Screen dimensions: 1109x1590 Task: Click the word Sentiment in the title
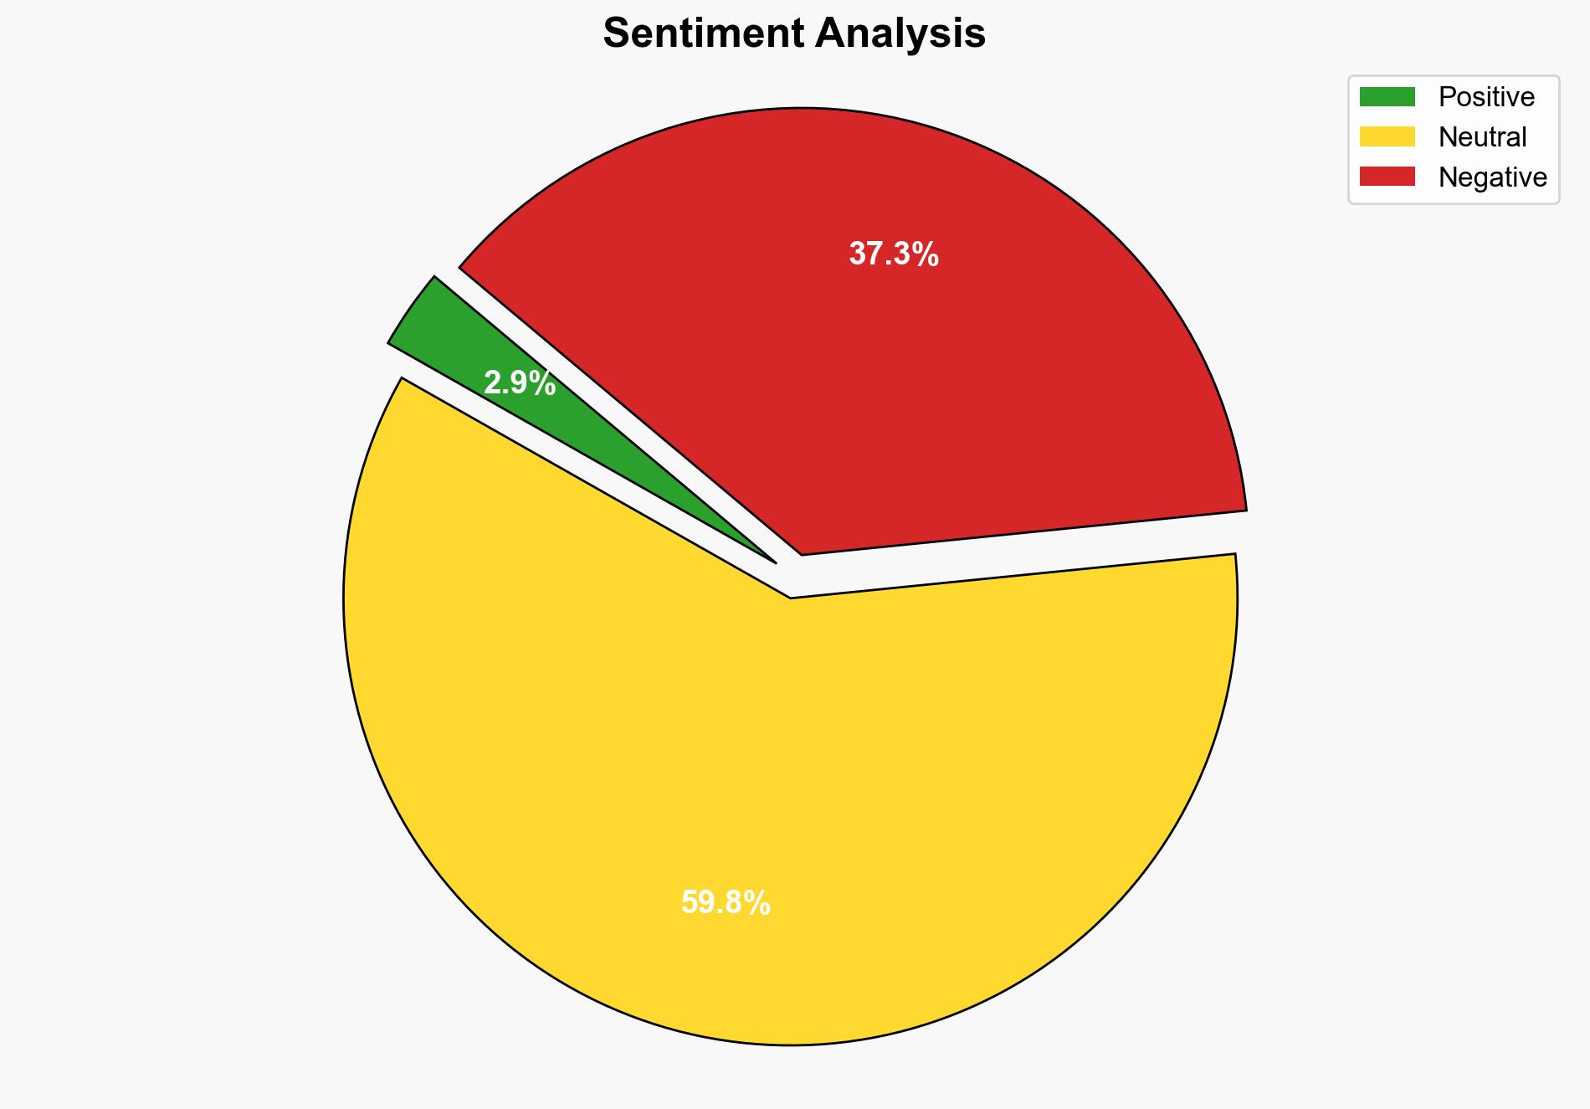pyautogui.click(x=705, y=34)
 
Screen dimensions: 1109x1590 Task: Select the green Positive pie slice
pyautogui.click(x=469, y=352)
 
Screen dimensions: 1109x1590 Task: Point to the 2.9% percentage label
pyautogui.click(x=520, y=384)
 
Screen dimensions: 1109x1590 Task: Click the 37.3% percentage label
pyautogui.click(x=894, y=254)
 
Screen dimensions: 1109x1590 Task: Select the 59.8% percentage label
pyautogui.click(x=726, y=903)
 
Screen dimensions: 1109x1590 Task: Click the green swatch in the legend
pyautogui.click(x=1387, y=97)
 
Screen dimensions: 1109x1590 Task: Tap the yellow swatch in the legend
pyautogui.click(x=1387, y=136)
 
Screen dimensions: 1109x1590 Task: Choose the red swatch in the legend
pyautogui.click(x=1387, y=177)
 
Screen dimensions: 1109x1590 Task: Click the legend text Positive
pyautogui.click(x=1486, y=97)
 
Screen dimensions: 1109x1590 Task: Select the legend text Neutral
pyautogui.click(x=1482, y=137)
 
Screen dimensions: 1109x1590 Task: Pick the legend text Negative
pyautogui.click(x=1492, y=177)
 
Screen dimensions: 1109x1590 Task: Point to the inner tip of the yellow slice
pyautogui.click(x=791, y=596)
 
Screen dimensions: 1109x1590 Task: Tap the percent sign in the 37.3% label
pyautogui.click(x=926, y=254)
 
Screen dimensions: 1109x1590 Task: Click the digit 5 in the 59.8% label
pyautogui.click(x=689, y=903)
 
